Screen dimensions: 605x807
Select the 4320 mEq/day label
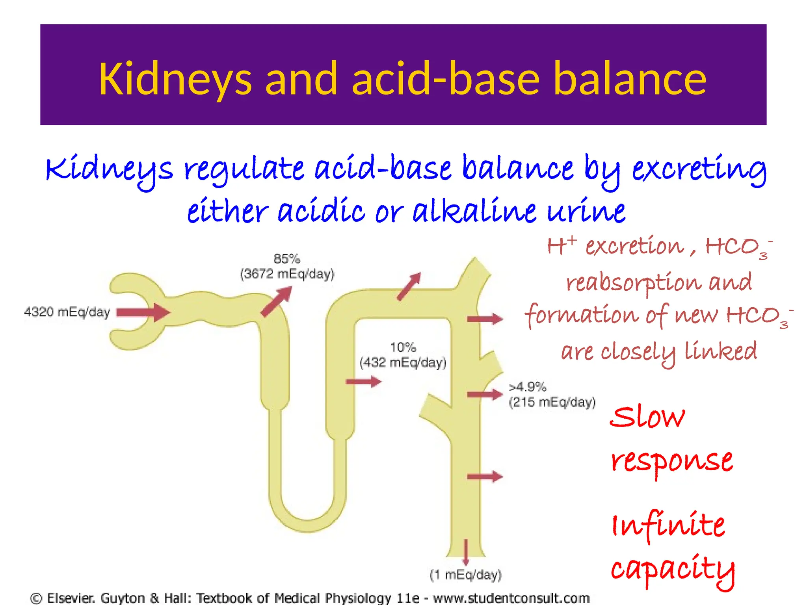coord(67,312)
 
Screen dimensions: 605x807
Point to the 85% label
coord(287,259)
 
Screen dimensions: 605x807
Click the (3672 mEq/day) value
coord(287,274)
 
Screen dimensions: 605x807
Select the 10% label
coord(403,347)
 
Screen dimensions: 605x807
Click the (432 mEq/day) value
coord(403,362)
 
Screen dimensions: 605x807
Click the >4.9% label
coord(528,387)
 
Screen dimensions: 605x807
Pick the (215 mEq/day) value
coord(552,402)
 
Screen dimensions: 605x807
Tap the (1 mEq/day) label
coord(465,575)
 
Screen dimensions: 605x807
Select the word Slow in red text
coord(647,418)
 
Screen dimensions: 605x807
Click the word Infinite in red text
coord(668,526)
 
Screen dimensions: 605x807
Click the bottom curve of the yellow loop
coord(308,526)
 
